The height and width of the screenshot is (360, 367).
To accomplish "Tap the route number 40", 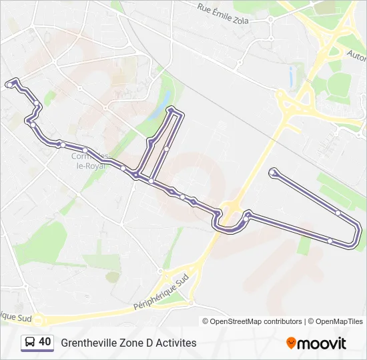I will [45, 342].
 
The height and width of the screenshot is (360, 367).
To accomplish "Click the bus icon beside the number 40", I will [30, 342].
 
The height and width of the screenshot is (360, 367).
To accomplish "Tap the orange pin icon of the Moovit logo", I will [291, 343].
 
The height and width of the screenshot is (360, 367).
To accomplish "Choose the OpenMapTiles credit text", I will [336, 321].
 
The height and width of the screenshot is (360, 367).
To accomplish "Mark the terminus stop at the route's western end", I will [9, 84].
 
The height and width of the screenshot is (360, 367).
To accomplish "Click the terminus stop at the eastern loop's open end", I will [272, 173].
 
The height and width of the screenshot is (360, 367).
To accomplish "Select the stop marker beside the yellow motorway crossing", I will [246, 218].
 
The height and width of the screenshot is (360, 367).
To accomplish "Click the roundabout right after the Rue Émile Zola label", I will [270, 19].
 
